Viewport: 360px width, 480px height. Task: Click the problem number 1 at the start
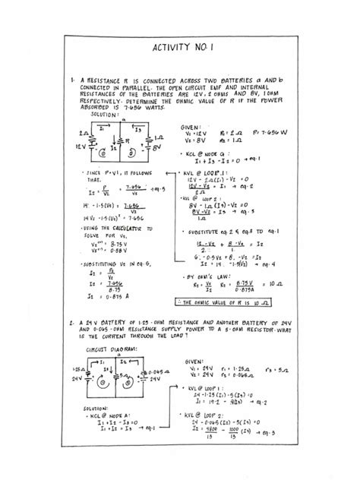point(69,78)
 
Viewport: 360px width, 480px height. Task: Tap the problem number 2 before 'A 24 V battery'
point(69,323)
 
